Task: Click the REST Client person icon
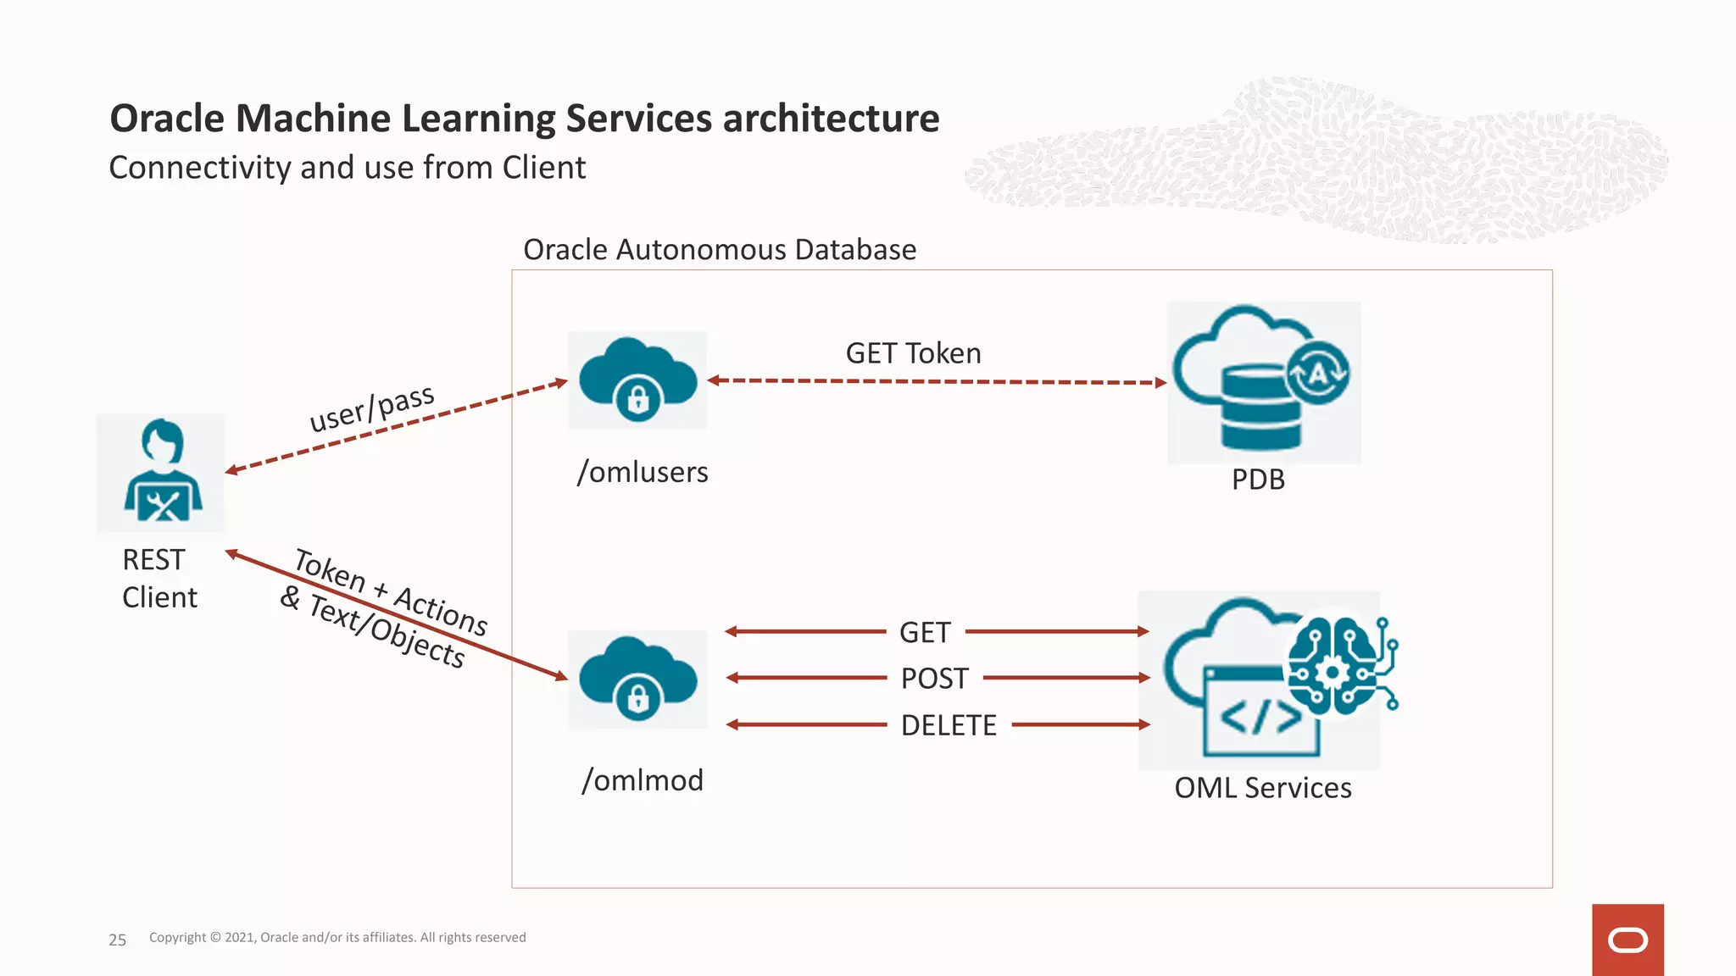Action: pos(161,472)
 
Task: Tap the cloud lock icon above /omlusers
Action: pos(637,380)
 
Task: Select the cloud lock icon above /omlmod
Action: pos(637,679)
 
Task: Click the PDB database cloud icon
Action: pos(1263,381)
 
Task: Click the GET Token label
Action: pos(913,353)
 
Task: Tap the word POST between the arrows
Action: pos(934,679)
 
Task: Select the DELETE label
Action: pos(948,725)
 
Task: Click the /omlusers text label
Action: pos(643,472)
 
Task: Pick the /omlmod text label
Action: pos(643,780)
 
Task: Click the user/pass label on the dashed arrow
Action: pos(371,408)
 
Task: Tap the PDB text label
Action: pos(1258,480)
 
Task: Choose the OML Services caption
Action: pos(1262,788)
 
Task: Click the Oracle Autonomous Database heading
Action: pos(719,250)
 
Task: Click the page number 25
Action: pos(117,940)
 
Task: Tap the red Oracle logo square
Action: pos(1627,940)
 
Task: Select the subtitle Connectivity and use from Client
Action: pos(347,168)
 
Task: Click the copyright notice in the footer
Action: pos(337,937)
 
